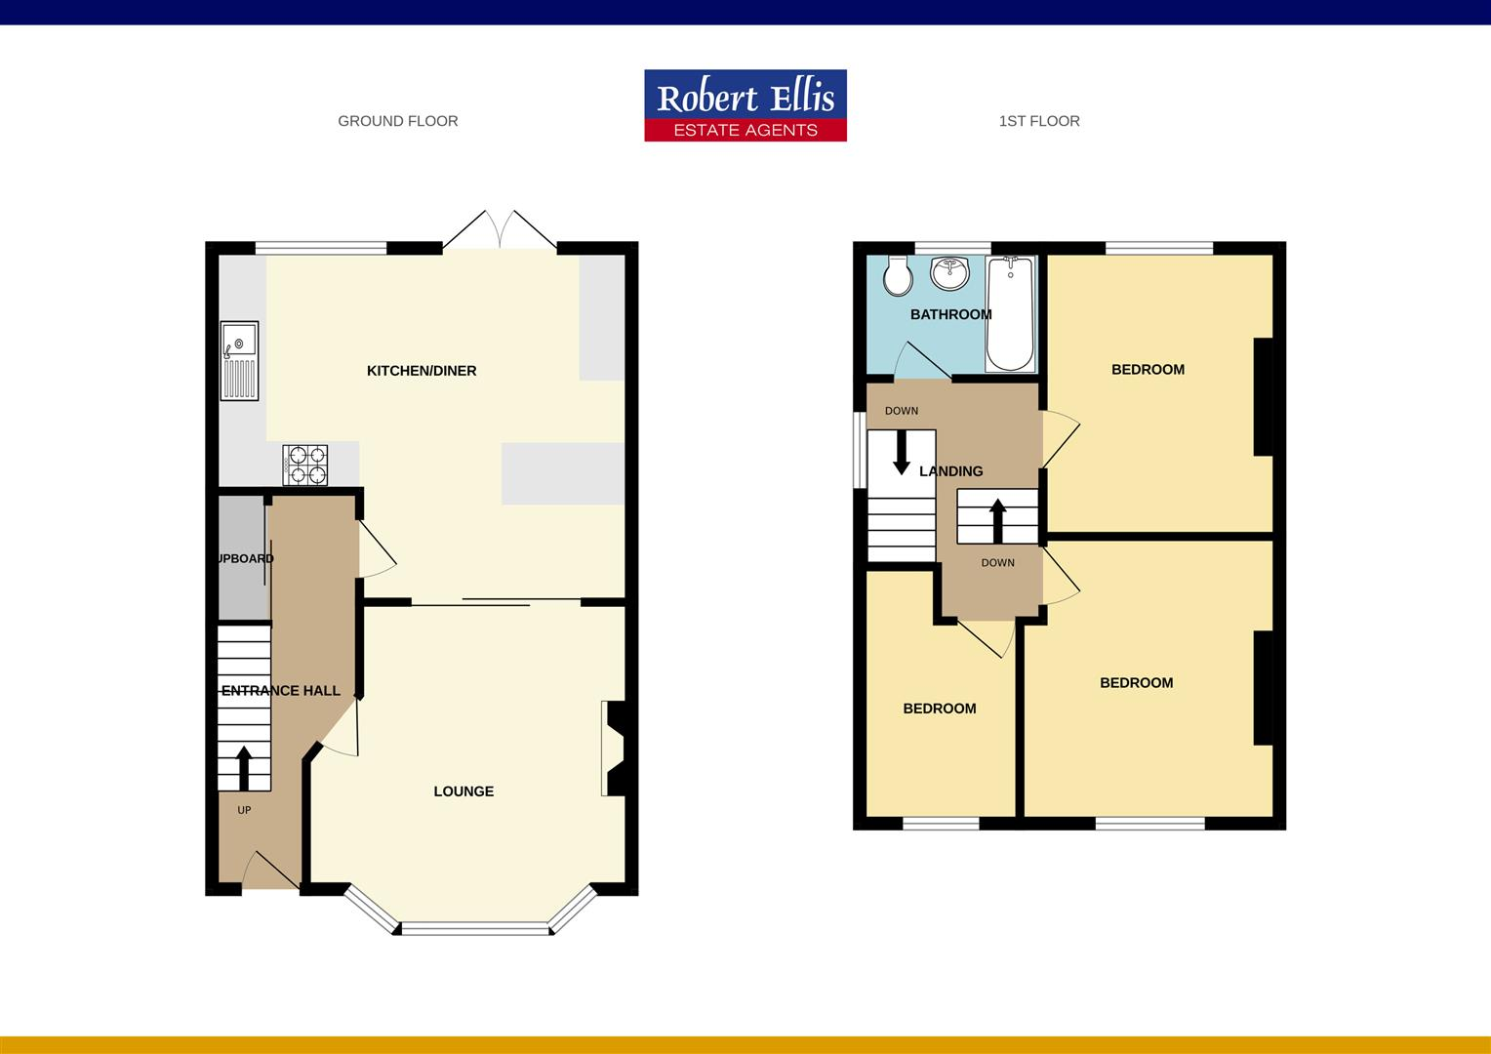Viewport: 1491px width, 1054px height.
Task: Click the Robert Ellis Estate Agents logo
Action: point(745,105)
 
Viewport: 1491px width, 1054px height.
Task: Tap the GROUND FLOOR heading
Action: point(397,121)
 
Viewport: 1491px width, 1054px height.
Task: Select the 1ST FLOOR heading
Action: point(1039,121)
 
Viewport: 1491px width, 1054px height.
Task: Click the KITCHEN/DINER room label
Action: point(422,371)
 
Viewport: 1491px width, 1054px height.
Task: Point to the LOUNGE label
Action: point(463,791)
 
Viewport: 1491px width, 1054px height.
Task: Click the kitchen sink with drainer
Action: point(239,360)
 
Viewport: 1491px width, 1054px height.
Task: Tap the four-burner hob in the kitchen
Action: point(305,465)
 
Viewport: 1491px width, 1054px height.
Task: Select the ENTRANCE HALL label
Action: point(281,691)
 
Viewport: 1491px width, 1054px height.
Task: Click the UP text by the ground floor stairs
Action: point(244,810)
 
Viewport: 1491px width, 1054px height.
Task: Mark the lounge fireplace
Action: point(614,749)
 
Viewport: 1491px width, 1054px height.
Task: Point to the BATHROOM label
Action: point(950,314)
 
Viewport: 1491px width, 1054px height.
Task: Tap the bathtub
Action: point(1011,314)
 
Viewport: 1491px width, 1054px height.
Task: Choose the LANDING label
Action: point(950,471)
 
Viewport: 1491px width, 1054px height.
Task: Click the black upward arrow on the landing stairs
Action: point(997,520)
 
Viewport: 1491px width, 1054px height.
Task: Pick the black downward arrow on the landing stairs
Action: point(902,452)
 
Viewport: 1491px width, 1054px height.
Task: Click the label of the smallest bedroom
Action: point(939,709)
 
